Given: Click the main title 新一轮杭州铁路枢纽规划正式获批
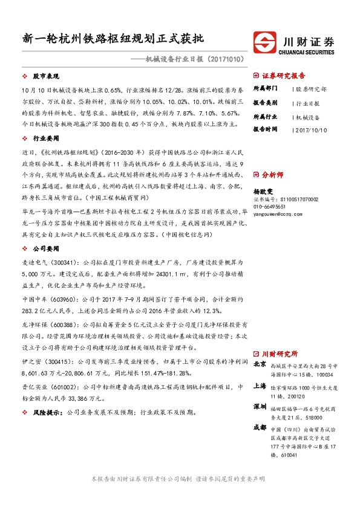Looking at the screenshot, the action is [113, 37].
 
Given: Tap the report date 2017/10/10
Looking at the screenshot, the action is [313, 129].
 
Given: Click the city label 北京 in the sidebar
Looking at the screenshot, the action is [259, 365].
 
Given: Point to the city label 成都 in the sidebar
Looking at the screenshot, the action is [259, 427].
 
